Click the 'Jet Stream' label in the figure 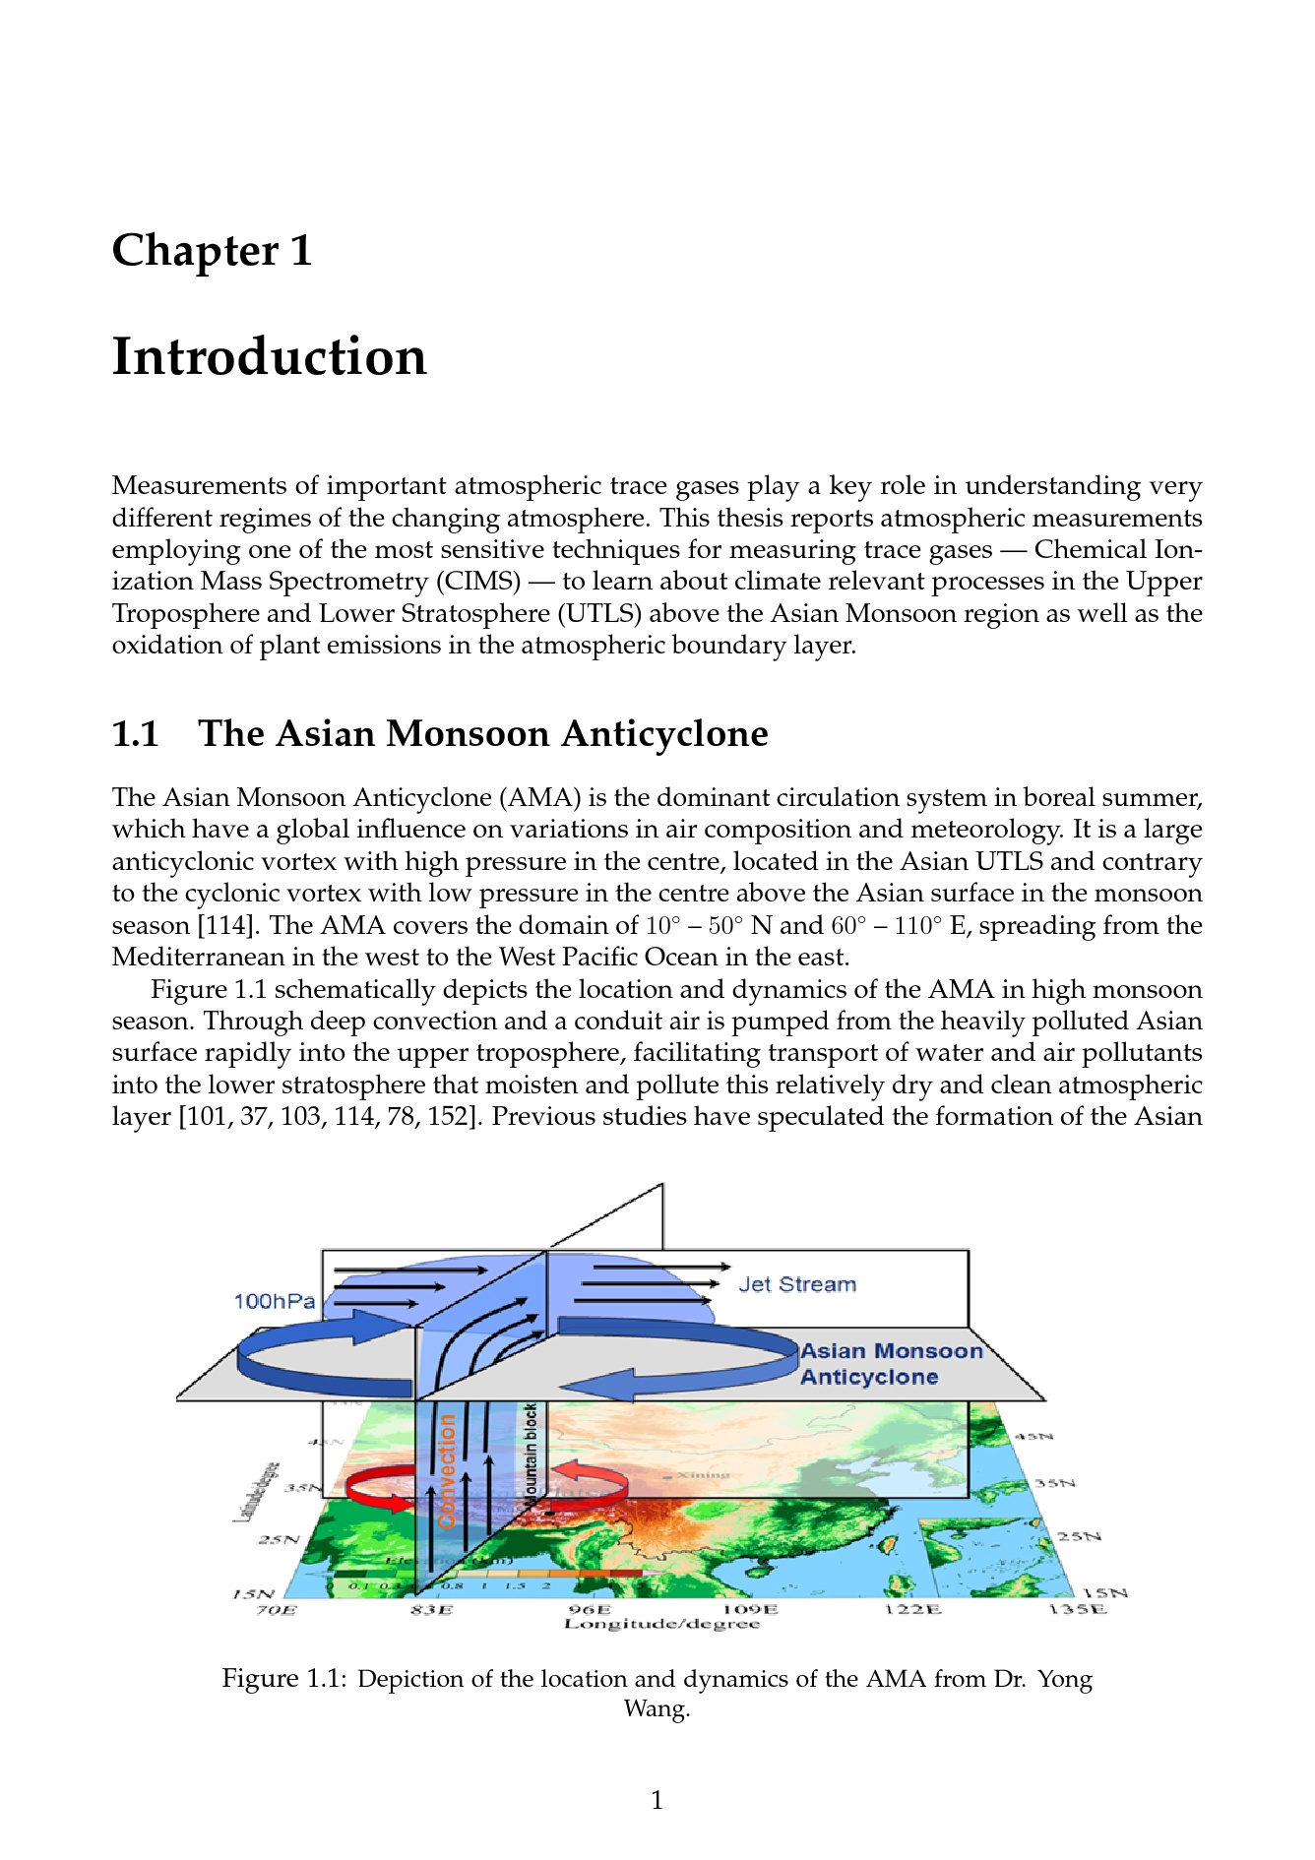(797, 1284)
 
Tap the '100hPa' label (275, 1301)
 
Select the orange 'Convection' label (448, 1470)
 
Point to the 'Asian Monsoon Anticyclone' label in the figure (891, 1364)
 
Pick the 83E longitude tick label (432, 1610)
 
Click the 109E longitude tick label (750, 1610)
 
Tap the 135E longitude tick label (1077, 1610)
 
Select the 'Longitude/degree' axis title (661, 1624)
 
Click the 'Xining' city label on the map (703, 1475)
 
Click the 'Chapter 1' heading (213, 250)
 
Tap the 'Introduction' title (270, 356)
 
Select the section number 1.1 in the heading (136, 734)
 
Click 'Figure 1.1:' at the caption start (283, 1679)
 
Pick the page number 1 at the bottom (657, 1801)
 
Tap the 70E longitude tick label (276, 1610)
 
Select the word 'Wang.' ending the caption (657, 1708)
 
